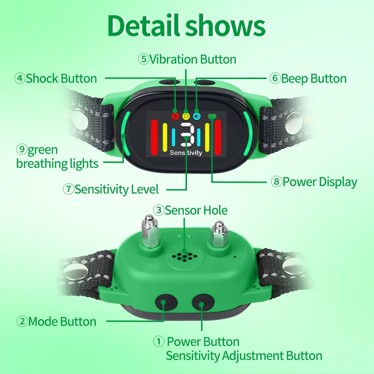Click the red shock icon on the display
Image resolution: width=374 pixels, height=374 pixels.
(175, 116)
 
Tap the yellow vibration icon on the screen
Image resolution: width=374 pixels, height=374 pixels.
(186, 116)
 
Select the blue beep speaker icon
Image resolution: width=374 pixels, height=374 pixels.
(197, 116)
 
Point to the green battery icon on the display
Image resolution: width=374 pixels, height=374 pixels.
(212, 116)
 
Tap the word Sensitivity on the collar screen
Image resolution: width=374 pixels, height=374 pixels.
(186, 153)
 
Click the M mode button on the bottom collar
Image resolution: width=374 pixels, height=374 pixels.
(166, 303)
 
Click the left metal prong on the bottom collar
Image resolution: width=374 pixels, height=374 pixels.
(150, 231)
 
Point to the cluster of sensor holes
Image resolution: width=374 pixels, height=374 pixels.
(184, 256)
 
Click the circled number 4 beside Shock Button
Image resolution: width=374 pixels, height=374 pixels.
(20, 79)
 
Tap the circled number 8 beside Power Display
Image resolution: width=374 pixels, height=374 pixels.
(276, 182)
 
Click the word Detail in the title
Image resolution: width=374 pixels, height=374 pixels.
(144, 26)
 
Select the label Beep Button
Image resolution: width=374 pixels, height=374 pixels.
(314, 79)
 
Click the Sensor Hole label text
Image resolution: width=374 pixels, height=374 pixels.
(196, 210)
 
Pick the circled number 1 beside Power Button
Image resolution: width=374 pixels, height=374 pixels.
(158, 342)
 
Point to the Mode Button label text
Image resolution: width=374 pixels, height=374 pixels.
(62, 322)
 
